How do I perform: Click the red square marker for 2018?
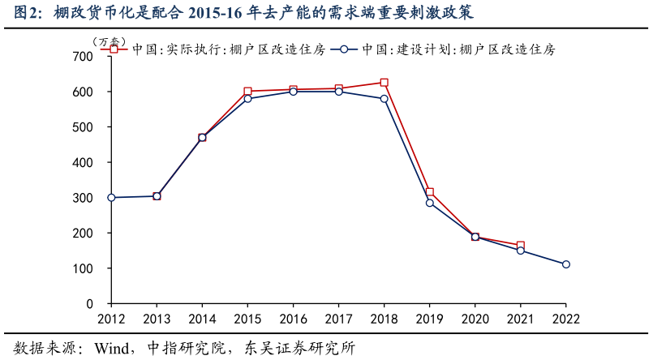(384, 83)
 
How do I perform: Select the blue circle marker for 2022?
(566, 264)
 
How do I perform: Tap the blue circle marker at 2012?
(111, 198)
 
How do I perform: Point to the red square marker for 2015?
(247, 92)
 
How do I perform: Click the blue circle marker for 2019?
(429, 203)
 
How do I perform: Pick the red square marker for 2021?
(520, 246)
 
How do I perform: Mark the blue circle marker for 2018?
(384, 99)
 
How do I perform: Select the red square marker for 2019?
(429, 192)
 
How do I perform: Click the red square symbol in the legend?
(114, 49)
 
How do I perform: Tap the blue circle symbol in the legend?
(344, 49)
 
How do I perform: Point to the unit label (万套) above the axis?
(109, 41)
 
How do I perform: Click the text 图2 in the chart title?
(27, 14)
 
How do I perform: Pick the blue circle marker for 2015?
(247, 99)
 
